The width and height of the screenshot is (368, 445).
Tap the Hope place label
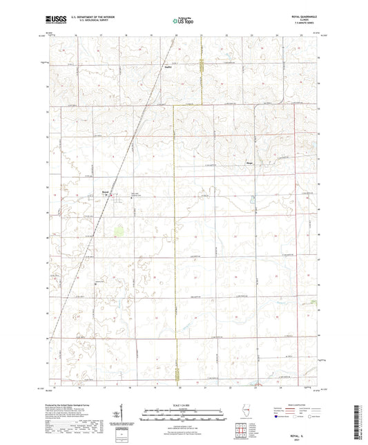pos(249,163)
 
